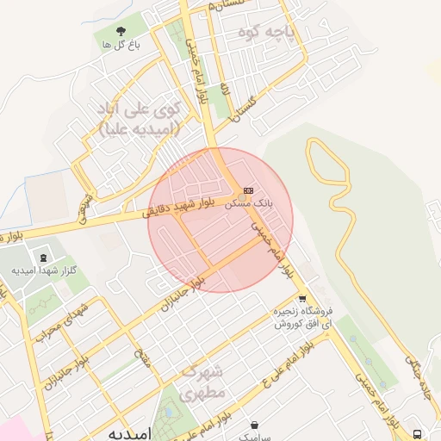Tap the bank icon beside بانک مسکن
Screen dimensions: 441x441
(x=249, y=190)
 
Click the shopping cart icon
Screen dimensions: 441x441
(x=301, y=299)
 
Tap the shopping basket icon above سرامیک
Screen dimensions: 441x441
(x=254, y=424)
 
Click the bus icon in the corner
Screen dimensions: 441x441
(x=418, y=432)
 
